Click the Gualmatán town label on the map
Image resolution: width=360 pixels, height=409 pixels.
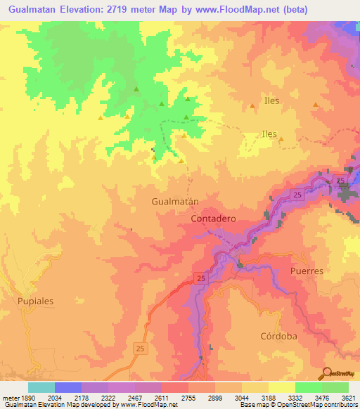click(174, 201)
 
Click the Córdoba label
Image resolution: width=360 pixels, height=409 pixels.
click(278, 337)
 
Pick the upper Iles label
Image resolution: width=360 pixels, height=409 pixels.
click(271, 100)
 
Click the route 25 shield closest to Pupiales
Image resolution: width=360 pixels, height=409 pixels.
click(140, 348)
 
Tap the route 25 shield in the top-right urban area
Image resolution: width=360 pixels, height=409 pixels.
click(342, 181)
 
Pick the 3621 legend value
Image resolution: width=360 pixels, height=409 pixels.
click(348, 398)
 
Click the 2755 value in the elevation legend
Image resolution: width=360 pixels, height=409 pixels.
click(188, 398)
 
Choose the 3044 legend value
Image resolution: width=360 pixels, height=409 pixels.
click(241, 398)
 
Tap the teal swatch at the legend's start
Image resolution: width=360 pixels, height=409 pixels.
click(41, 387)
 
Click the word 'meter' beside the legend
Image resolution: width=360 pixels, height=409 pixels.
click(11, 398)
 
